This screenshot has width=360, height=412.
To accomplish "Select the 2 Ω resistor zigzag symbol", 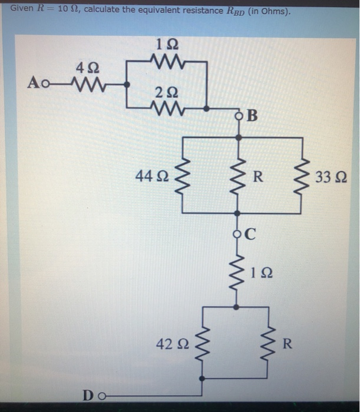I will [168, 109].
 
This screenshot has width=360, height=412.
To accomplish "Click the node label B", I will [253, 115].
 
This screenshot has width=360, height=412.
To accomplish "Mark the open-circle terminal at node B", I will [239, 115].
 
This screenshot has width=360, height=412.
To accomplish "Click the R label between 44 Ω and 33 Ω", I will [258, 175].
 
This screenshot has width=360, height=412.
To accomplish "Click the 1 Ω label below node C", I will [261, 273].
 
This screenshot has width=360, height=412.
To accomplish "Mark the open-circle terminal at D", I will [103, 396].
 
